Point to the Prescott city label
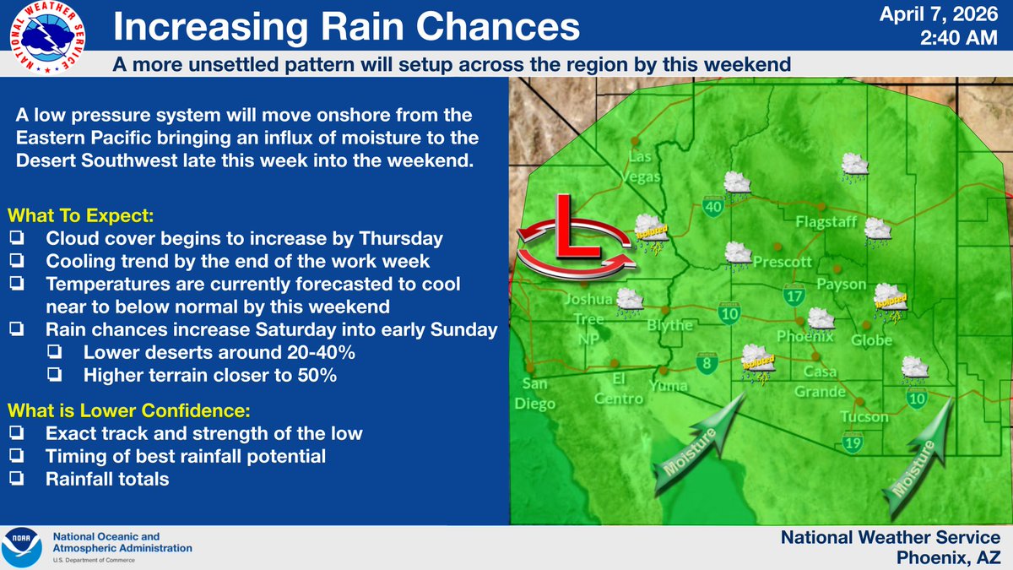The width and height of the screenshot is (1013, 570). (783, 261)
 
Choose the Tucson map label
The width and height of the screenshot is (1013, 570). (864, 416)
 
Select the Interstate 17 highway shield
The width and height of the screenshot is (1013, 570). (794, 295)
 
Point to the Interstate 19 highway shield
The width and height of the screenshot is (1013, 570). (853, 441)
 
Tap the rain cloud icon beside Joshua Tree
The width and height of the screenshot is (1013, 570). (628, 300)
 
